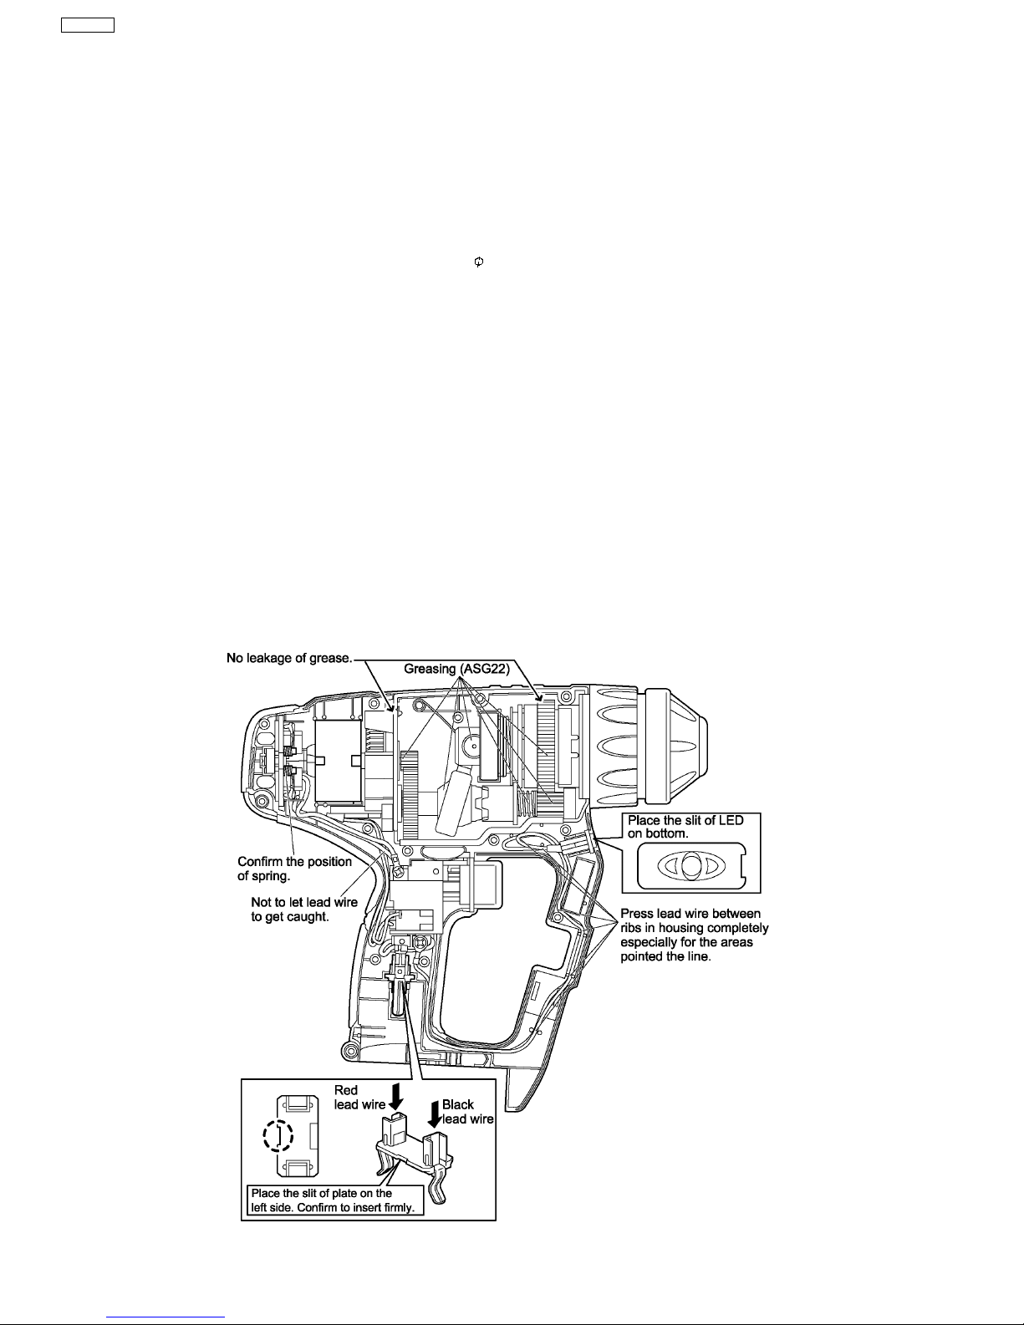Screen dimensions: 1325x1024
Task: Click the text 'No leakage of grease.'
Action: pos(289,658)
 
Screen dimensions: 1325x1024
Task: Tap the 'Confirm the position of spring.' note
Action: pos(294,868)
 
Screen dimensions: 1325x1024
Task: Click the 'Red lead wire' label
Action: pos(359,1097)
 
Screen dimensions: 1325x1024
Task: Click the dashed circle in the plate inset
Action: pos(278,1134)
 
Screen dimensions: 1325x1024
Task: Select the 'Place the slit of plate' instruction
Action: pos(332,1200)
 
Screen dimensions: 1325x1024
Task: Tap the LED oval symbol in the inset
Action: pos(690,865)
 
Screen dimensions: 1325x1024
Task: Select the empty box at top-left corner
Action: pos(88,24)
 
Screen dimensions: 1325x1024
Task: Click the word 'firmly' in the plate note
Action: pos(397,1208)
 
